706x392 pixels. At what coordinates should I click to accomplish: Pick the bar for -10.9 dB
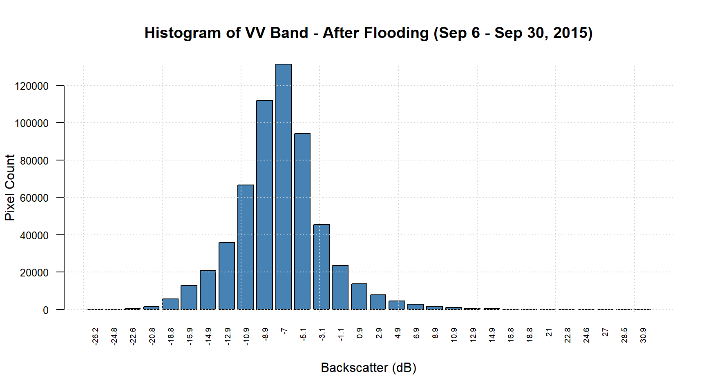(x=246, y=247)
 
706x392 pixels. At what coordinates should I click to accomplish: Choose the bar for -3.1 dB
(x=321, y=267)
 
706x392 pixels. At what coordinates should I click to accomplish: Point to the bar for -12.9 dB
(x=227, y=276)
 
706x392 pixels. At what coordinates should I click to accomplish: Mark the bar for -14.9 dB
(x=208, y=290)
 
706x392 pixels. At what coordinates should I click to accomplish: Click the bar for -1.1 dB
(x=340, y=287)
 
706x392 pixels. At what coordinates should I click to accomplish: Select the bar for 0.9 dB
(x=359, y=296)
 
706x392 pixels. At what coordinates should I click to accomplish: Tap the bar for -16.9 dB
(x=189, y=297)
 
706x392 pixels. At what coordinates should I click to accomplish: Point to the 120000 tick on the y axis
(x=31, y=86)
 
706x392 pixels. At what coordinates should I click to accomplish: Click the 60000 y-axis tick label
(x=34, y=198)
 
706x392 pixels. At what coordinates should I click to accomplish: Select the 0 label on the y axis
(x=46, y=310)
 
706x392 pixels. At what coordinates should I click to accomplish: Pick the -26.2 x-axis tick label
(x=95, y=336)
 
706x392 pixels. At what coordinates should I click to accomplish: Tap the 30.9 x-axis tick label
(x=643, y=335)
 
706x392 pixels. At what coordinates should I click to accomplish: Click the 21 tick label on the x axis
(x=549, y=332)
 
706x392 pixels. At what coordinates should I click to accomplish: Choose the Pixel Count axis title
(x=10, y=187)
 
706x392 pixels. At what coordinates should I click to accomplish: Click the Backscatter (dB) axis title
(x=369, y=367)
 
